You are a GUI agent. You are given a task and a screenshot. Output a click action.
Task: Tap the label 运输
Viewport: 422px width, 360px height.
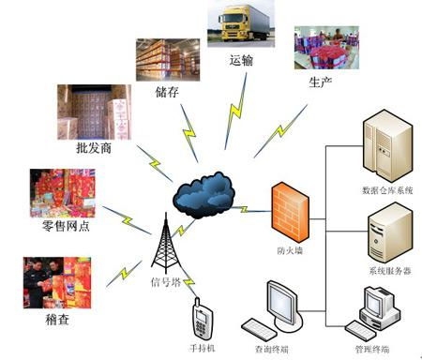click(x=241, y=60)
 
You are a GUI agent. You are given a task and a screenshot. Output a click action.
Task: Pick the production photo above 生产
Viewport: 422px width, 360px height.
click(x=326, y=48)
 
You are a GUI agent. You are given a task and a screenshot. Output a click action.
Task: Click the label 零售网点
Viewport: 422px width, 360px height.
click(x=67, y=226)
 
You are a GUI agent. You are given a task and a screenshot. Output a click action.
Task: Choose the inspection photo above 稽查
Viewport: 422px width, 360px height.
click(x=58, y=277)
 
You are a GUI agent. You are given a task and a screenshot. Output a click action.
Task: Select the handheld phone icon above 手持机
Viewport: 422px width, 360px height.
click(x=200, y=320)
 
